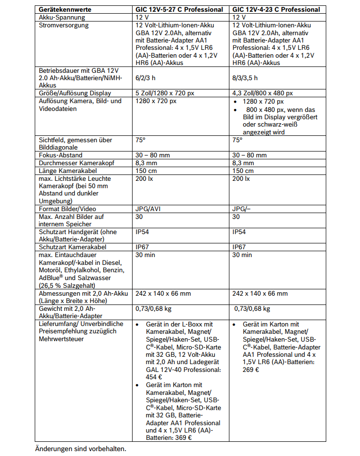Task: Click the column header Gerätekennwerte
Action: tap(65, 9)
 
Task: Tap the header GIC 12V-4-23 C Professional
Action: tap(276, 9)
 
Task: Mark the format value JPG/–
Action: tap(243, 209)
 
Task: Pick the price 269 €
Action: tap(251, 369)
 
